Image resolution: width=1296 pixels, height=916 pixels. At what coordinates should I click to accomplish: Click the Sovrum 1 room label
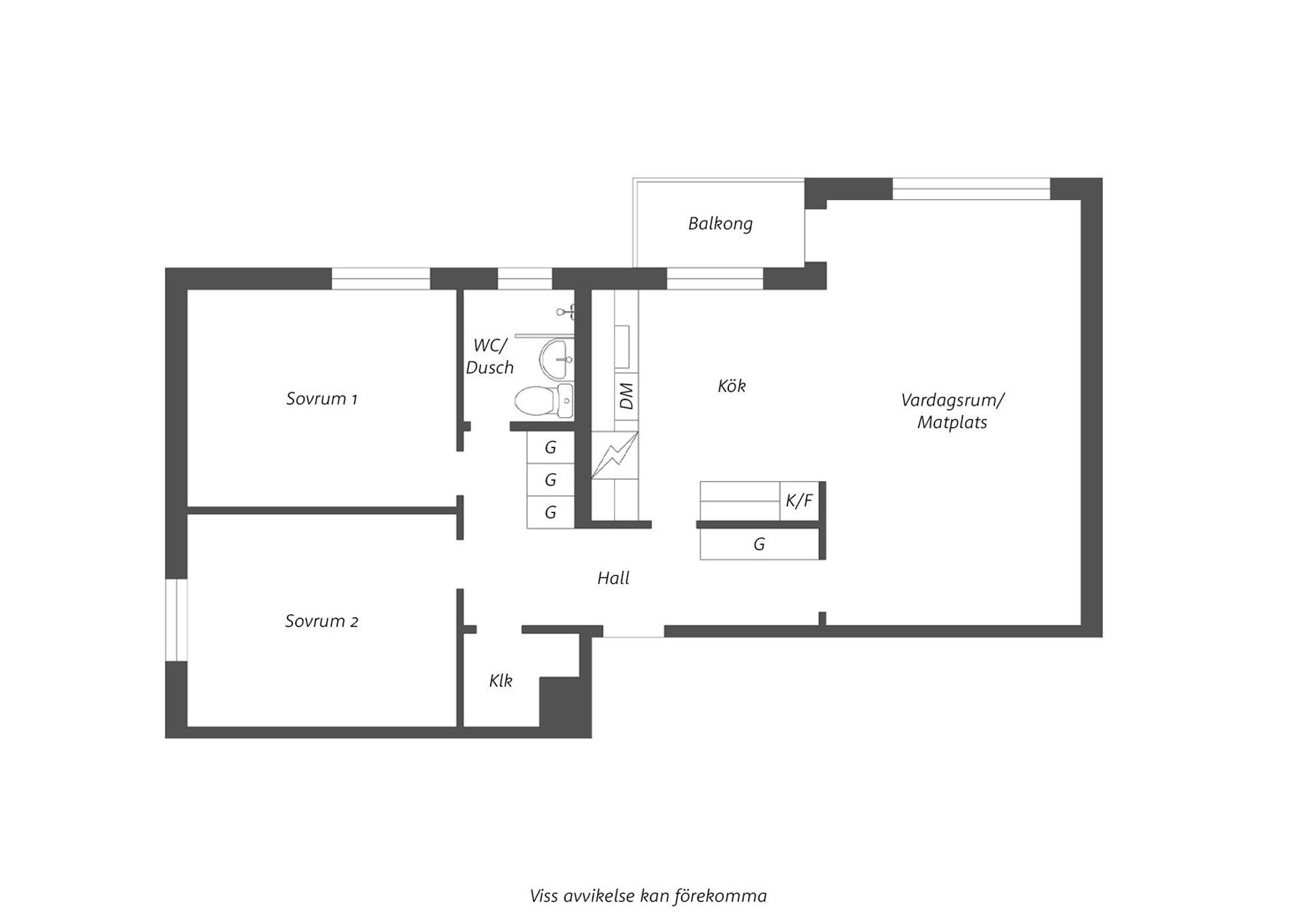(x=321, y=399)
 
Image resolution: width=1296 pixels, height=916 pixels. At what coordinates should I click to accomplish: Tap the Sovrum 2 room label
(x=321, y=621)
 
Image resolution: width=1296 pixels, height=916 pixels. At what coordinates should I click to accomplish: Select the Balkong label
(x=720, y=223)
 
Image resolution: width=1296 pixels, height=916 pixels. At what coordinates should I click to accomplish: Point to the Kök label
(x=732, y=386)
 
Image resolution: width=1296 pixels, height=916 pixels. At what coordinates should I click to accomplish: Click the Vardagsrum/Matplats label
(x=952, y=411)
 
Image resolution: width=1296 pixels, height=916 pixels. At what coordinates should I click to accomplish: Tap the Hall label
(x=613, y=578)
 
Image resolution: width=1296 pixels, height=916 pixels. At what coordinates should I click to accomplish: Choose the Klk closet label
(x=501, y=681)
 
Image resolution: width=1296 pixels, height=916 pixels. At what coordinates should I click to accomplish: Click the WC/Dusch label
(x=490, y=356)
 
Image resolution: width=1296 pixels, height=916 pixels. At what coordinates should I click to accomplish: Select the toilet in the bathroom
(x=542, y=401)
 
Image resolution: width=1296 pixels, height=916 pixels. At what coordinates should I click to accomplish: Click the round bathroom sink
(x=556, y=358)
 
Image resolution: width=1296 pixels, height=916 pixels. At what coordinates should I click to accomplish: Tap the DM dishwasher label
(x=626, y=396)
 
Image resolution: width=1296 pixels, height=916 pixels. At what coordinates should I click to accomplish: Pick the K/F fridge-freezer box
(x=799, y=501)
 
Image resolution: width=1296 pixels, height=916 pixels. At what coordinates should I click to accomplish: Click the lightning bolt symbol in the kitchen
(x=614, y=455)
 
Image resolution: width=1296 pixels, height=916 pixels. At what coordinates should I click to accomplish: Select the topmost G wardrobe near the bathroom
(x=550, y=447)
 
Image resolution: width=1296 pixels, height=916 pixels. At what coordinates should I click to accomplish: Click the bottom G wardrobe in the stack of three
(x=550, y=512)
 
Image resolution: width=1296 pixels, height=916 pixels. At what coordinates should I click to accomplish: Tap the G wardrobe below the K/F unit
(x=759, y=544)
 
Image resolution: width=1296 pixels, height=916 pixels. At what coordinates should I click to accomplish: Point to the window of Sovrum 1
(x=381, y=279)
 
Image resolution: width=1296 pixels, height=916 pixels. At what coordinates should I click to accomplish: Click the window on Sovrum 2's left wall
(x=176, y=620)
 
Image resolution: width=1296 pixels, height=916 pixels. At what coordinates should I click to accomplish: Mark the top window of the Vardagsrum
(x=971, y=188)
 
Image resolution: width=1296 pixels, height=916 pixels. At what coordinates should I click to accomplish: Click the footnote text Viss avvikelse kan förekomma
(x=648, y=896)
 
